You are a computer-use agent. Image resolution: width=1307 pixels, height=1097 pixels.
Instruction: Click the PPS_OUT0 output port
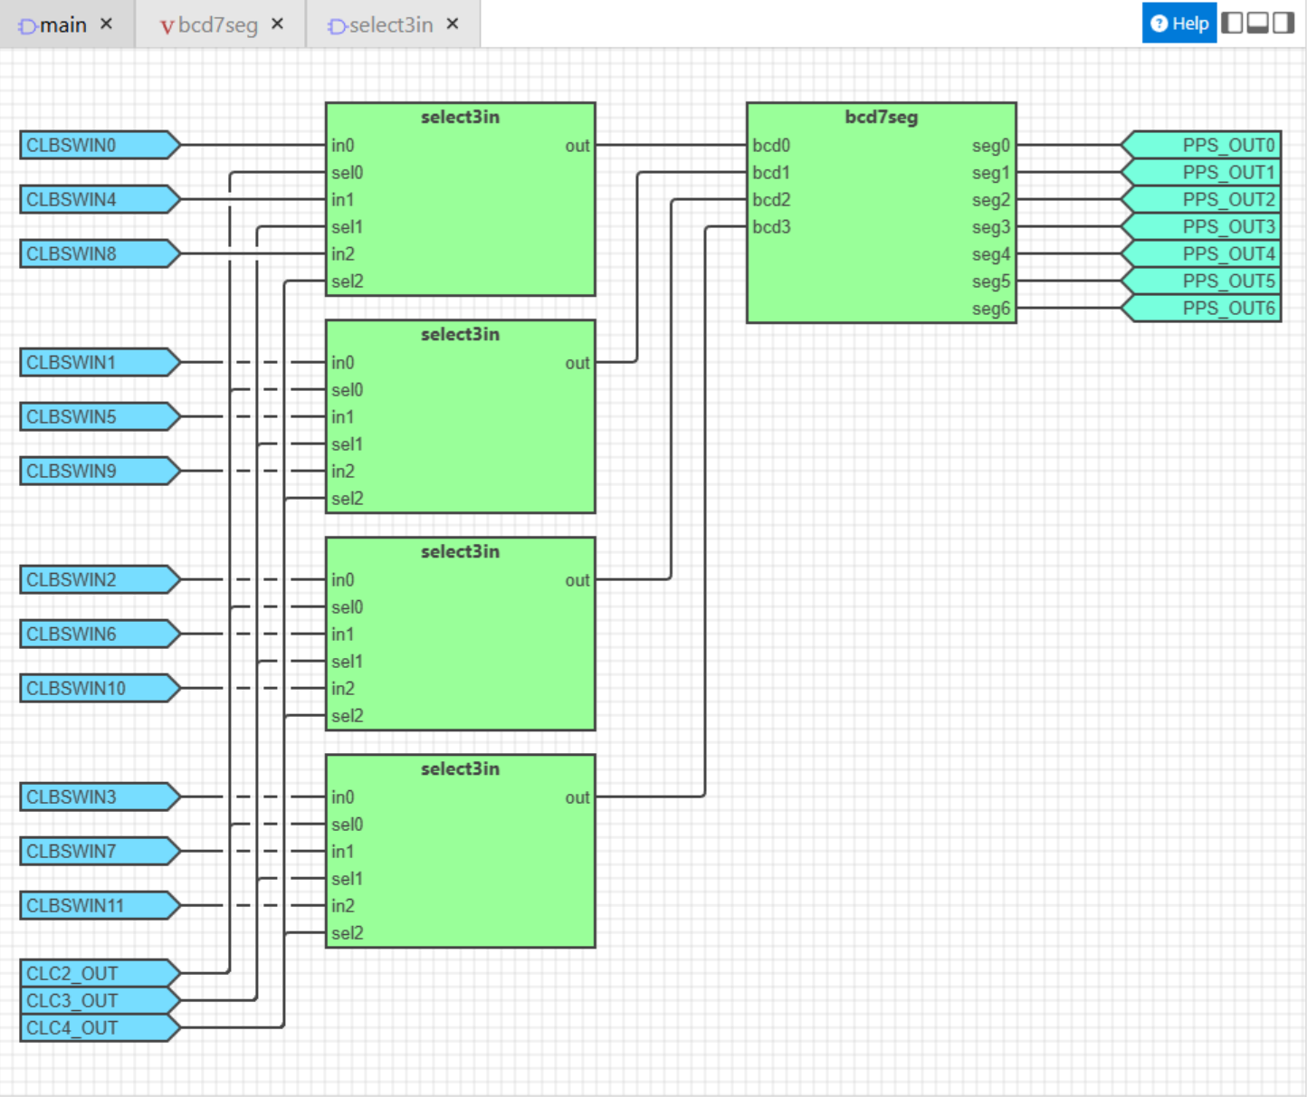[x=1201, y=145]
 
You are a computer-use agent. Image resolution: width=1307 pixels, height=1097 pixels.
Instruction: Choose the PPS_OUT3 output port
[x=1201, y=226]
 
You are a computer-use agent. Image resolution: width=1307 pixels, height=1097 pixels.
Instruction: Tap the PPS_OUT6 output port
[x=1201, y=308]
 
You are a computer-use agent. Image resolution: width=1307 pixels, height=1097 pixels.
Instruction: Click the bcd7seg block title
[x=882, y=117]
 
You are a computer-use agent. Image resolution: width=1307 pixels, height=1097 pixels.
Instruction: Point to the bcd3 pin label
[x=771, y=226]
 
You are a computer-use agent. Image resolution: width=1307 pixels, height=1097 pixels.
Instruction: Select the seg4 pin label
[x=991, y=254]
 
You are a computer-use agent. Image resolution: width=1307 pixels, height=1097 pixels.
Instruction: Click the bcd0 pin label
[x=771, y=145]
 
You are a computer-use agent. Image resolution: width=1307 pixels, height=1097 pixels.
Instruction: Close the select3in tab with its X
[x=453, y=24]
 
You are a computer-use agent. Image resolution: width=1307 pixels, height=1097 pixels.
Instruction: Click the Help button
[x=1179, y=24]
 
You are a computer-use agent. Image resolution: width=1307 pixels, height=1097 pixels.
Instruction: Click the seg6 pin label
[x=991, y=309]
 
